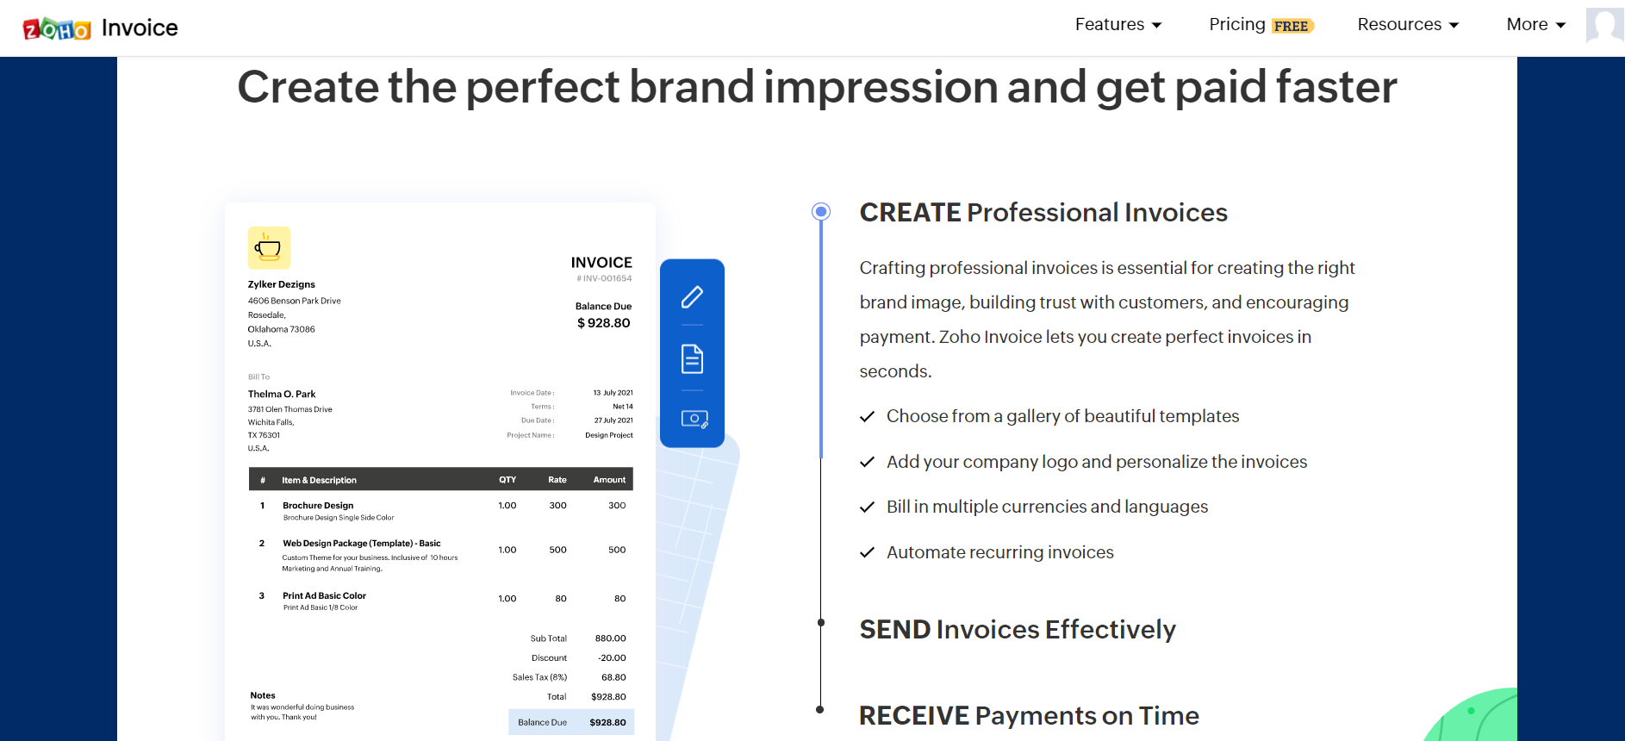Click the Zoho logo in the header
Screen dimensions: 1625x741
click(57, 28)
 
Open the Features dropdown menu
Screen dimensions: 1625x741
click(1118, 25)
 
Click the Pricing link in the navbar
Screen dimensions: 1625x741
click(1236, 24)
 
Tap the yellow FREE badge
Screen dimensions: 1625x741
click(1292, 26)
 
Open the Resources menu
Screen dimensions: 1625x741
click(1408, 25)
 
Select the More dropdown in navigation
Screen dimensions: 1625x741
click(1535, 25)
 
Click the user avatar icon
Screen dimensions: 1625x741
click(1604, 26)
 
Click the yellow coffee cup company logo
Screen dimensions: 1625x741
click(269, 248)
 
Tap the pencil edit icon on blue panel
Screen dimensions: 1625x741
click(692, 297)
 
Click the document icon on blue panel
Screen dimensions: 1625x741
click(692, 358)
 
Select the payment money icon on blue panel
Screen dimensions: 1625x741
click(694, 420)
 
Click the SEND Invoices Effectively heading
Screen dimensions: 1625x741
click(1018, 630)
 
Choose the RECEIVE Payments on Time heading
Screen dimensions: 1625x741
click(1029, 716)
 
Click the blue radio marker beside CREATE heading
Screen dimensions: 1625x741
click(821, 211)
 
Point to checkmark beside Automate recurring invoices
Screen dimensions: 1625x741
click(867, 552)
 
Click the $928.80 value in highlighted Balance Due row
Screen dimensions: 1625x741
click(607, 723)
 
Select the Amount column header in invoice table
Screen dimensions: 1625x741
click(609, 480)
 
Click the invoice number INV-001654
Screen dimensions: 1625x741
click(604, 278)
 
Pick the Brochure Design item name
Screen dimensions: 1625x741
click(318, 506)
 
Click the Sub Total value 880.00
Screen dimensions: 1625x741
click(610, 638)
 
